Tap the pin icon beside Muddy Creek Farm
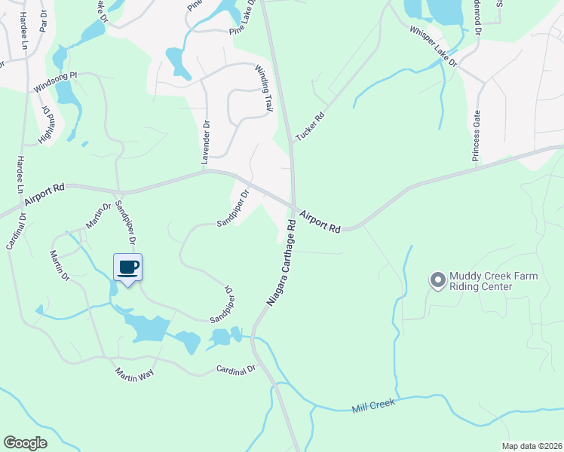tap(437, 281)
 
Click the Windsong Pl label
tap(55, 83)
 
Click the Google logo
tap(25, 442)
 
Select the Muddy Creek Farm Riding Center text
tap(494, 281)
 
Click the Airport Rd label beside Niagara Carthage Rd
tap(320, 221)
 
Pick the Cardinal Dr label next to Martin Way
tap(236, 369)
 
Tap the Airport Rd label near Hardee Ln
tap(44, 195)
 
